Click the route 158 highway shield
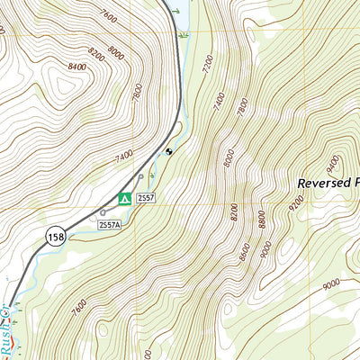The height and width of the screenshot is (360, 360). [x=54, y=236]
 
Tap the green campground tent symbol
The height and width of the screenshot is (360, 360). [x=126, y=198]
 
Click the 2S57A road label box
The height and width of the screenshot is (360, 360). [x=109, y=223]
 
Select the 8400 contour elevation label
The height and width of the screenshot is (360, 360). [x=76, y=65]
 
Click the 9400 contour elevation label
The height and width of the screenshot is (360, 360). [x=333, y=164]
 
